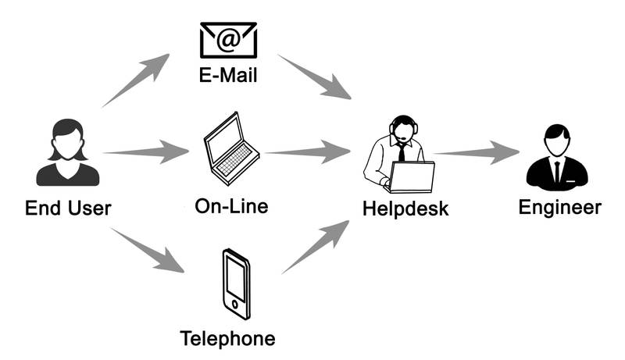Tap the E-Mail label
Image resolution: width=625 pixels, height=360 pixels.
(228, 76)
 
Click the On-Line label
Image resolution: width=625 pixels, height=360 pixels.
(231, 206)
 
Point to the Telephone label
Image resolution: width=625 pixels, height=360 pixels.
(227, 339)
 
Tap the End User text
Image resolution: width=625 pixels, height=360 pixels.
(68, 208)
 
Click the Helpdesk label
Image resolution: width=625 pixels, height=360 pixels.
(405, 209)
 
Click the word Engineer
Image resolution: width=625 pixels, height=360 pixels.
(560, 207)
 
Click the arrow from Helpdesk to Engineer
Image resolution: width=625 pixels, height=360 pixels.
(476, 151)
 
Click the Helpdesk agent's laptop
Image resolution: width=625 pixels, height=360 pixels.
(412, 177)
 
